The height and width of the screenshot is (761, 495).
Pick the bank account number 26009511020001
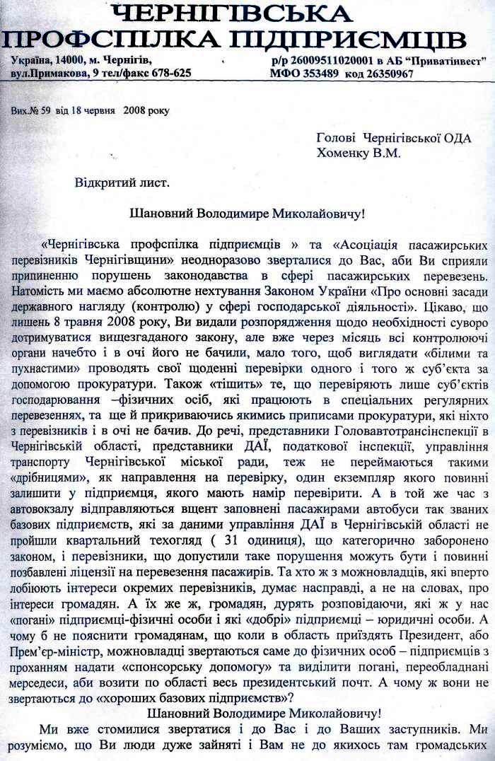[x=330, y=62]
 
